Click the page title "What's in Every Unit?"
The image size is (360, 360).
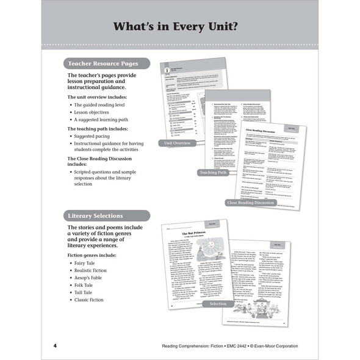pyautogui.click(x=181, y=27)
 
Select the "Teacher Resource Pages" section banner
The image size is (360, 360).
pyautogui.click(x=104, y=63)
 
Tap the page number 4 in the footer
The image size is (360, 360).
pyautogui.click(x=55, y=346)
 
